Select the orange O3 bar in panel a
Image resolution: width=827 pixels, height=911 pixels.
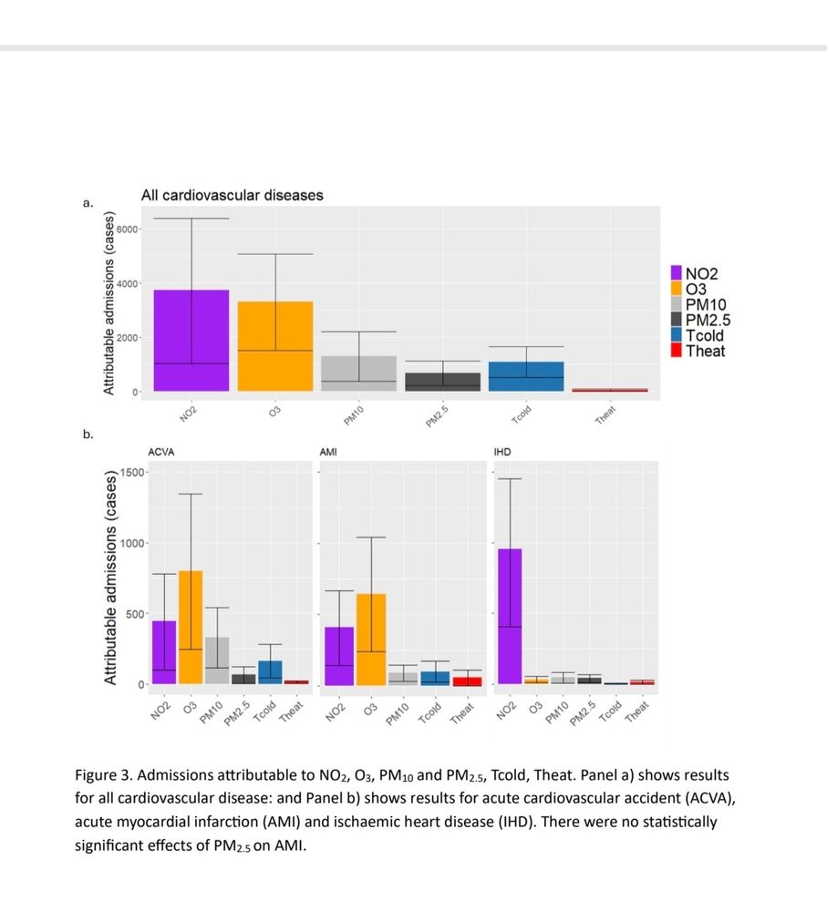(x=274, y=346)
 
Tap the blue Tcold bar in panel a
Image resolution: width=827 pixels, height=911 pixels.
(x=525, y=376)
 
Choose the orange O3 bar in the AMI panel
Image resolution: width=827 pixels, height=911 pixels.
(x=370, y=639)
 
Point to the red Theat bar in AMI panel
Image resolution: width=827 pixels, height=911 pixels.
(x=467, y=681)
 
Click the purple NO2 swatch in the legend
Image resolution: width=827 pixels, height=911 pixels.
(x=677, y=272)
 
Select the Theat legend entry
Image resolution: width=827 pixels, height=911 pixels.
(x=705, y=351)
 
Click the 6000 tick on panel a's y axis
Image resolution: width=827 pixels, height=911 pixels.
(x=126, y=229)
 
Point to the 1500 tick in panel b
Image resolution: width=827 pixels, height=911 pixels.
(x=132, y=472)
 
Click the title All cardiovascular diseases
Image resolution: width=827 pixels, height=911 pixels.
(x=232, y=195)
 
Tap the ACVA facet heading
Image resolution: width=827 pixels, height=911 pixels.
(x=162, y=452)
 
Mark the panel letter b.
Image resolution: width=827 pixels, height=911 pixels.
(x=88, y=435)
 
